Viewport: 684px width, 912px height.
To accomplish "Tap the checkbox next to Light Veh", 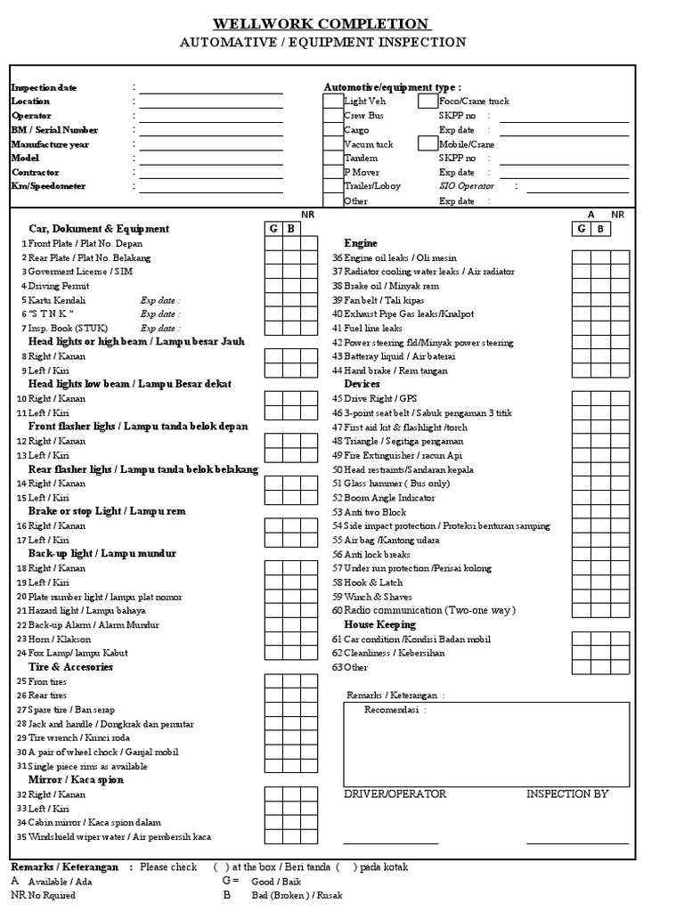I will pos(332,102).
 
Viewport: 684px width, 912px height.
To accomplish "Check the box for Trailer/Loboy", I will pos(332,187).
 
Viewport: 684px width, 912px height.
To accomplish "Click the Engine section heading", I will pos(361,243).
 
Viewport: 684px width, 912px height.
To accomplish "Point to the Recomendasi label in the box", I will pos(395,710).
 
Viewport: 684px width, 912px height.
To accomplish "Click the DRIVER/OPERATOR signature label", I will pos(395,794).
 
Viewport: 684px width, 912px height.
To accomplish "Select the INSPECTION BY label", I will pos(567,794).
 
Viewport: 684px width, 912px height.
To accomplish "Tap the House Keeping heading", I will pos(379,625).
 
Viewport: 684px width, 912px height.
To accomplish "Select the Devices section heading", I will pos(362,384).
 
